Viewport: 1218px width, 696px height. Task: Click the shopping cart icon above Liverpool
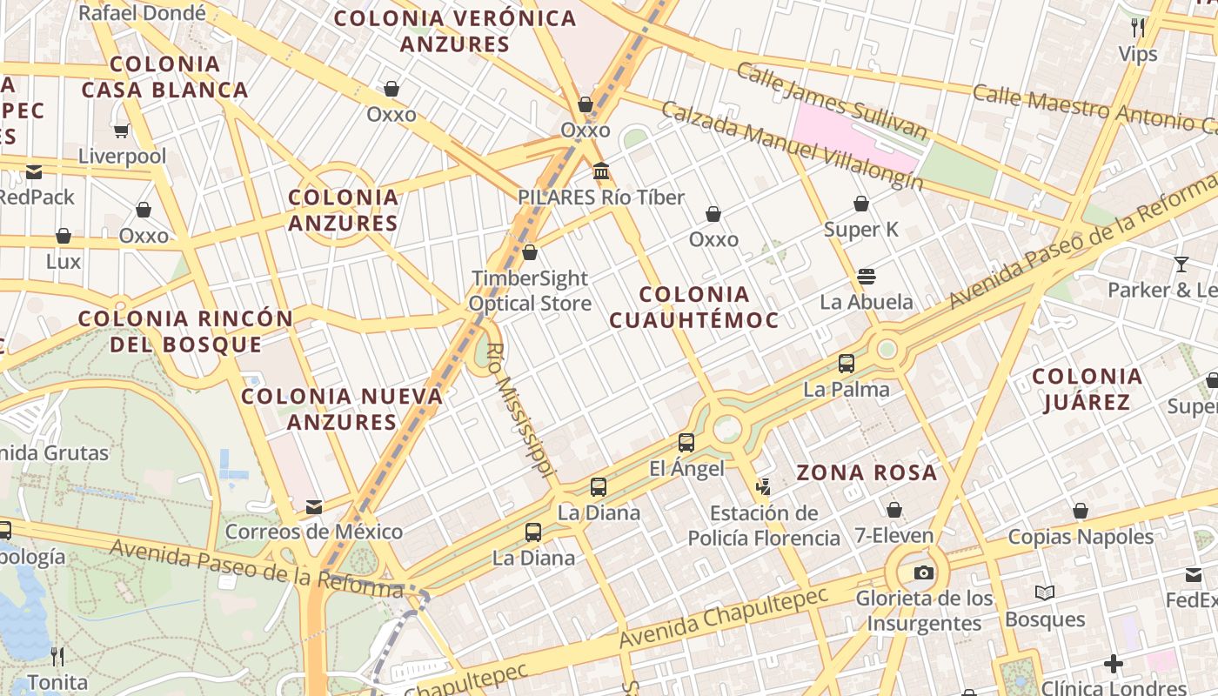coord(121,130)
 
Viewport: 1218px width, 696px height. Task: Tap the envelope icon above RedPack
coord(34,172)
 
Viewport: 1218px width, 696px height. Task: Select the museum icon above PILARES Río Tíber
coord(600,171)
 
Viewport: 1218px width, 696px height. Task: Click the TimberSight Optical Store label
coord(530,291)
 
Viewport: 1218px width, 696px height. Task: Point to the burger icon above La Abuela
coord(866,277)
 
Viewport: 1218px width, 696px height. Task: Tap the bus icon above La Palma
coord(847,364)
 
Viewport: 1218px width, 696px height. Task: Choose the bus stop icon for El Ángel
coord(686,443)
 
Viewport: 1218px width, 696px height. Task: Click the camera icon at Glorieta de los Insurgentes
coord(923,572)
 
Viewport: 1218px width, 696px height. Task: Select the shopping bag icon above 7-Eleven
coord(893,510)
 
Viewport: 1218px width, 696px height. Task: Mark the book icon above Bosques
coord(1045,593)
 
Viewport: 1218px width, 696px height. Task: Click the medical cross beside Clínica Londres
coord(1113,665)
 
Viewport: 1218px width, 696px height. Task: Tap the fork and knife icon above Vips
coord(1137,28)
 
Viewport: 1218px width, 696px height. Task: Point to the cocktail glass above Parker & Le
coord(1181,264)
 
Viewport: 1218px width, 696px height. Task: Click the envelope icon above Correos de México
coord(314,506)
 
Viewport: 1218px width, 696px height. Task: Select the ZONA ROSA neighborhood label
coord(867,473)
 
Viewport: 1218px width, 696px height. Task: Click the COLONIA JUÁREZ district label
coord(1087,389)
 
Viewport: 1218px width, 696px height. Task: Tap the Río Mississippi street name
coord(520,409)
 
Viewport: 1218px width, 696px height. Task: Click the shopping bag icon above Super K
coord(860,204)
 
